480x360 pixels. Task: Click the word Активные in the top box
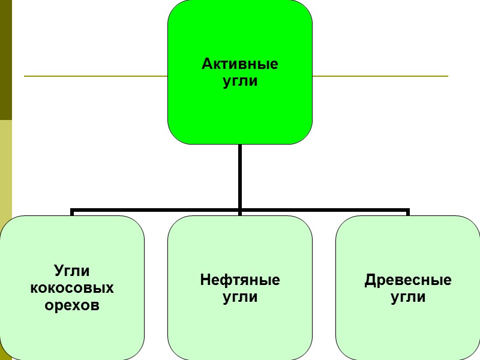pyautogui.click(x=240, y=64)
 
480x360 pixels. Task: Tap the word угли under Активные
pyautogui.click(x=240, y=81)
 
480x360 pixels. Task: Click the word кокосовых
pyautogui.click(x=72, y=288)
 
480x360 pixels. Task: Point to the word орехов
pyautogui.click(x=72, y=305)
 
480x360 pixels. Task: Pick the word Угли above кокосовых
pyautogui.click(x=72, y=271)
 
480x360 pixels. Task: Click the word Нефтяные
pyautogui.click(x=240, y=280)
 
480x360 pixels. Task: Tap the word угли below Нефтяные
pyautogui.click(x=240, y=297)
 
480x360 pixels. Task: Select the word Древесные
pyautogui.click(x=408, y=280)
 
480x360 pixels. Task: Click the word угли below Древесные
pyautogui.click(x=408, y=297)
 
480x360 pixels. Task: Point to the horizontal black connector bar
pyautogui.click(x=156, y=211)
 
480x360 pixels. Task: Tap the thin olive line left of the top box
pyautogui.click(x=96, y=76)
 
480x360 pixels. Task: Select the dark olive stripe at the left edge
pyautogui.click(x=5, y=60)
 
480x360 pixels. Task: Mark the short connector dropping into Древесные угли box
pyautogui.click(x=408, y=213)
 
